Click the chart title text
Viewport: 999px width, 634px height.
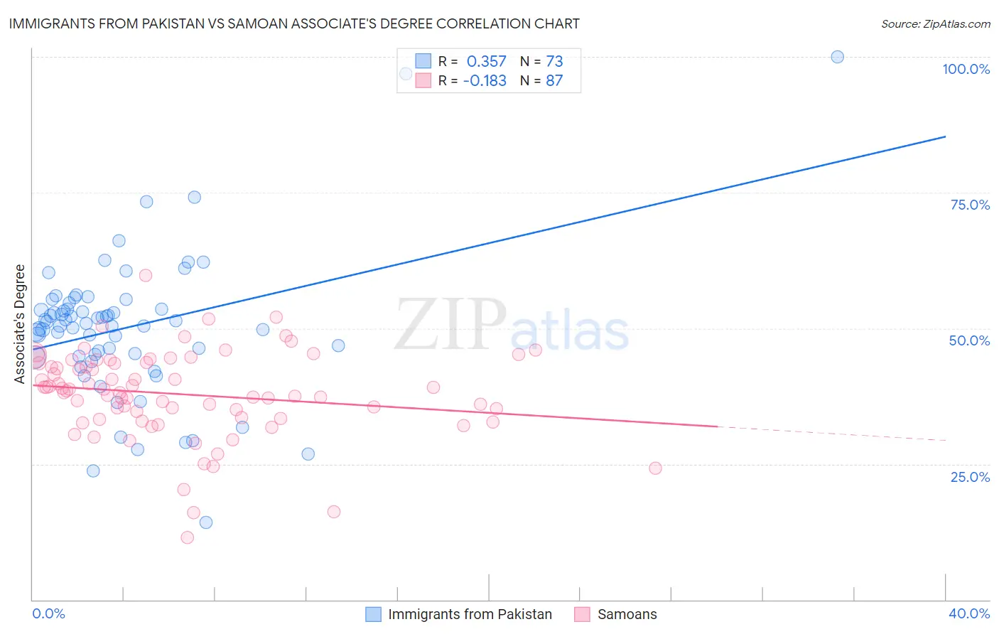click(294, 23)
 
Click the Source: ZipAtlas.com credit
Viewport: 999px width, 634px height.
click(935, 23)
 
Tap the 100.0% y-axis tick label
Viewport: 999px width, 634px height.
click(966, 69)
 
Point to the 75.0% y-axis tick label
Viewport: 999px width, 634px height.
click(970, 205)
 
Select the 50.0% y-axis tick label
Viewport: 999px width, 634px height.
click(969, 340)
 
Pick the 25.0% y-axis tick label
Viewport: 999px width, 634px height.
click(970, 476)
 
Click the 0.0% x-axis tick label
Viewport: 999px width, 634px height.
click(48, 613)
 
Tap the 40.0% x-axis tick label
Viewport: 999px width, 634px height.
click(968, 613)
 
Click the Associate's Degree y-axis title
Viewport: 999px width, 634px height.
click(20, 324)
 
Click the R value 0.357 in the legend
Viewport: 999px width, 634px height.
click(486, 61)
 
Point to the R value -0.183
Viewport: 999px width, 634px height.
click(485, 80)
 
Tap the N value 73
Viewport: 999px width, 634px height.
click(554, 61)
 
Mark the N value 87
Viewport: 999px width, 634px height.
click(554, 80)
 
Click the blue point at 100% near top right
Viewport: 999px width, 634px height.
click(837, 57)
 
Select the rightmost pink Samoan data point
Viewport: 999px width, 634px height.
click(655, 468)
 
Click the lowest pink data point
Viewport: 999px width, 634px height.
click(188, 537)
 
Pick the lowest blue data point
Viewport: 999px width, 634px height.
click(206, 522)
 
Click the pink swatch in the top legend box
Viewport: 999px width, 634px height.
click(423, 80)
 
